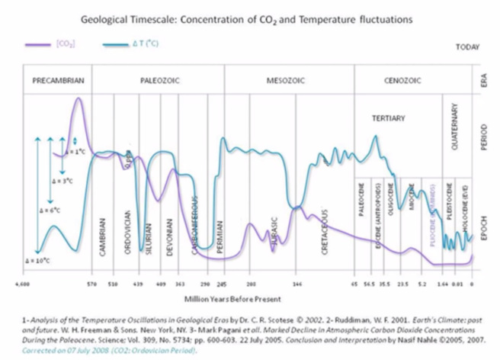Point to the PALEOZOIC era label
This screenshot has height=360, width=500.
[160, 79]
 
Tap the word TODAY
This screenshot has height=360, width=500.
[466, 47]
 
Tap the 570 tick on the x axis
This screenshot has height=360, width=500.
[92, 283]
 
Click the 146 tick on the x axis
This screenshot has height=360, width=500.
[297, 283]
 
